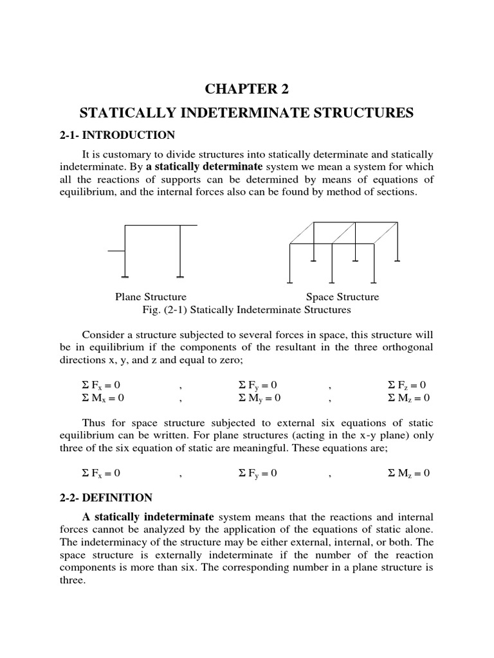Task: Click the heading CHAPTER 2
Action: point(247,89)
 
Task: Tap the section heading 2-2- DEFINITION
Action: point(105,497)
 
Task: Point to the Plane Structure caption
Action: point(151,297)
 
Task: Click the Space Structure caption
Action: point(342,297)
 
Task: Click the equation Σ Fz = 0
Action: point(408,386)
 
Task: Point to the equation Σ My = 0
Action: point(256,398)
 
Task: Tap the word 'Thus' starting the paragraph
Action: point(94,423)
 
